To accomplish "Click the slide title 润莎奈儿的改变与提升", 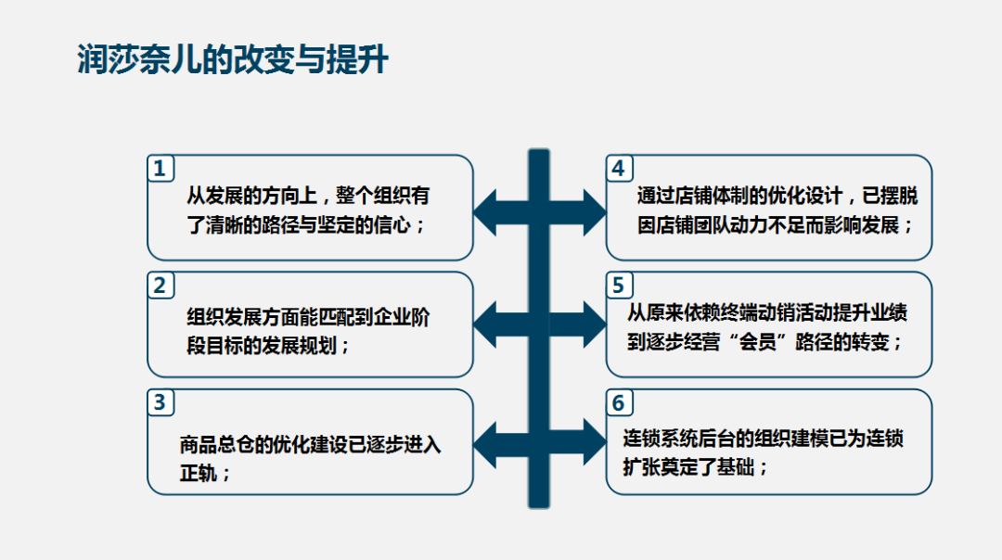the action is pos(233,60).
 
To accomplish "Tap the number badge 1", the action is pos(160,169).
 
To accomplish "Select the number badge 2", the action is pos(160,286).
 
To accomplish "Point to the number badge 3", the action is pos(160,403).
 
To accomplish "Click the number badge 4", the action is pos(619,169).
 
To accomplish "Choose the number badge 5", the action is pos(619,286).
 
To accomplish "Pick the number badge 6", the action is pos(619,403).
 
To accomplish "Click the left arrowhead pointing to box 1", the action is pos(485,212).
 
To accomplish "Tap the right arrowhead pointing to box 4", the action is pos(595,212).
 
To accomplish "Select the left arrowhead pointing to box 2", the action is pos(485,325).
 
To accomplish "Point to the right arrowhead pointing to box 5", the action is pos(595,325).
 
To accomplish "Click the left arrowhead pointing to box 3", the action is pos(485,445).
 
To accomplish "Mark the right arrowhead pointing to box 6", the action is pos(595,441).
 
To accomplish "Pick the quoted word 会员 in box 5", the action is pos(758,342).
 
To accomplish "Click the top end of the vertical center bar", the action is pos(539,150).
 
